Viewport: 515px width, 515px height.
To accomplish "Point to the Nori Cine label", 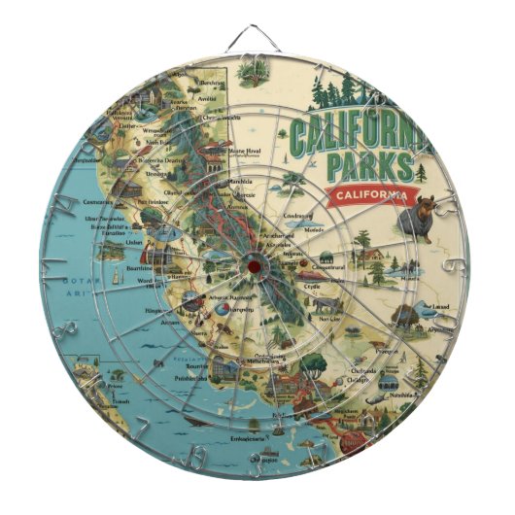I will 327,317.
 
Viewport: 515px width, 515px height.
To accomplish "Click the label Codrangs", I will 296,216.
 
